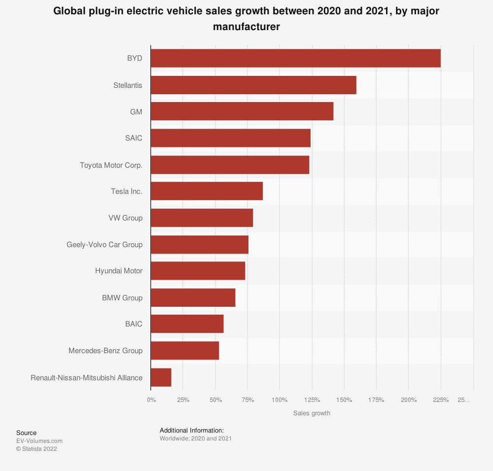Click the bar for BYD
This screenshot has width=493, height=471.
[x=295, y=58]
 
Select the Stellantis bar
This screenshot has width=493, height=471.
[x=253, y=85]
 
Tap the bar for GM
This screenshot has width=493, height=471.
[x=242, y=111]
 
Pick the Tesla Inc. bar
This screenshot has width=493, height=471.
[x=207, y=191]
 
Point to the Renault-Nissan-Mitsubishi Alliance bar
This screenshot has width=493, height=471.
[x=161, y=377]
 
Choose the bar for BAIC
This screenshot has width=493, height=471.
[x=187, y=324]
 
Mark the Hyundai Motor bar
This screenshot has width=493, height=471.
[x=198, y=271]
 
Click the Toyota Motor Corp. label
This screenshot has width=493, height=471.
[x=111, y=165]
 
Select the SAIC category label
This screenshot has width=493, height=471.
[x=134, y=138]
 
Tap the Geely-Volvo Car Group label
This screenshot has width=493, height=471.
[x=105, y=245]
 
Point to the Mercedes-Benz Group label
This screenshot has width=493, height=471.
[x=106, y=351]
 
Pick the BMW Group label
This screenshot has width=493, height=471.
[x=122, y=298]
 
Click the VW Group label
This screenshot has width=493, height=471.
[x=125, y=218]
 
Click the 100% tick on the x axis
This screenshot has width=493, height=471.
[x=280, y=399]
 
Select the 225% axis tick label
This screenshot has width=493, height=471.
[x=441, y=399]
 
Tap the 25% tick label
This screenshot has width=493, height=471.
[x=183, y=399]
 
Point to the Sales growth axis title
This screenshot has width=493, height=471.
[x=312, y=413]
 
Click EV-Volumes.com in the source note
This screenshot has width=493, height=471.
[x=39, y=441]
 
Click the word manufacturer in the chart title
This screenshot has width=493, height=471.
[x=246, y=27]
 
